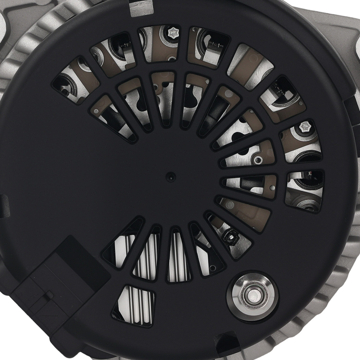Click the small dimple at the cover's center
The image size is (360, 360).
click(169, 176)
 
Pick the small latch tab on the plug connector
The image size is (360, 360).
click(47, 296)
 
